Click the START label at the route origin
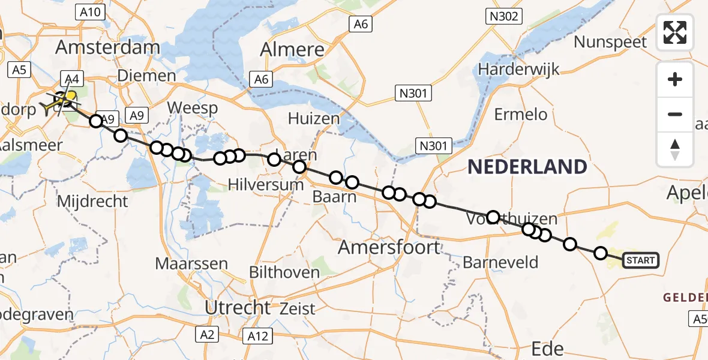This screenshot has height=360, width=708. [641, 260]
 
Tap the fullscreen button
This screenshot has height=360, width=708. [675, 32]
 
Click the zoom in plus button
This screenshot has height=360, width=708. [675, 79]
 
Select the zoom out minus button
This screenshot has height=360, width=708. [675, 114]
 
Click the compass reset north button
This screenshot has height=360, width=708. [675, 149]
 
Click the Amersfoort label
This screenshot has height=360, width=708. [389, 246]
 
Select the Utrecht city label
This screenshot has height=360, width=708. [238, 308]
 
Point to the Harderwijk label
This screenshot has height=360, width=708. [519, 69]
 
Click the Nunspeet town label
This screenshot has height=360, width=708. [610, 42]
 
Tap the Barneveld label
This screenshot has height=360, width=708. [500, 262]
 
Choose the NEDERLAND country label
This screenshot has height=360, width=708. [527, 167]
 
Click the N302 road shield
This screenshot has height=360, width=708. [503, 16]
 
